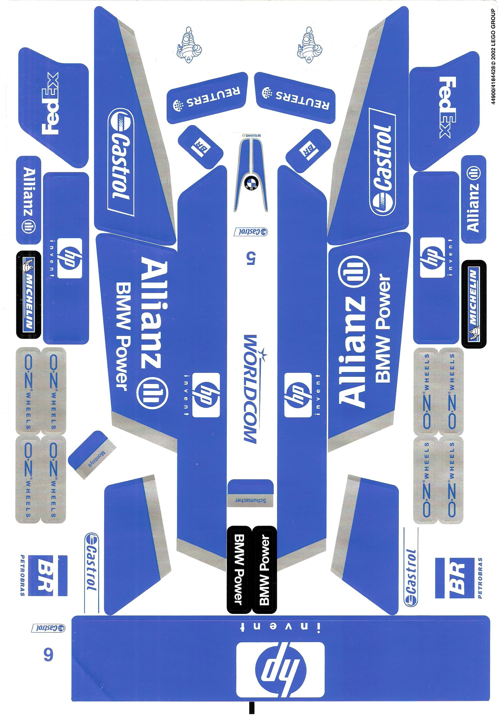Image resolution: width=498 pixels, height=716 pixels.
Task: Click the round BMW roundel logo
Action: [x=251, y=183]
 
